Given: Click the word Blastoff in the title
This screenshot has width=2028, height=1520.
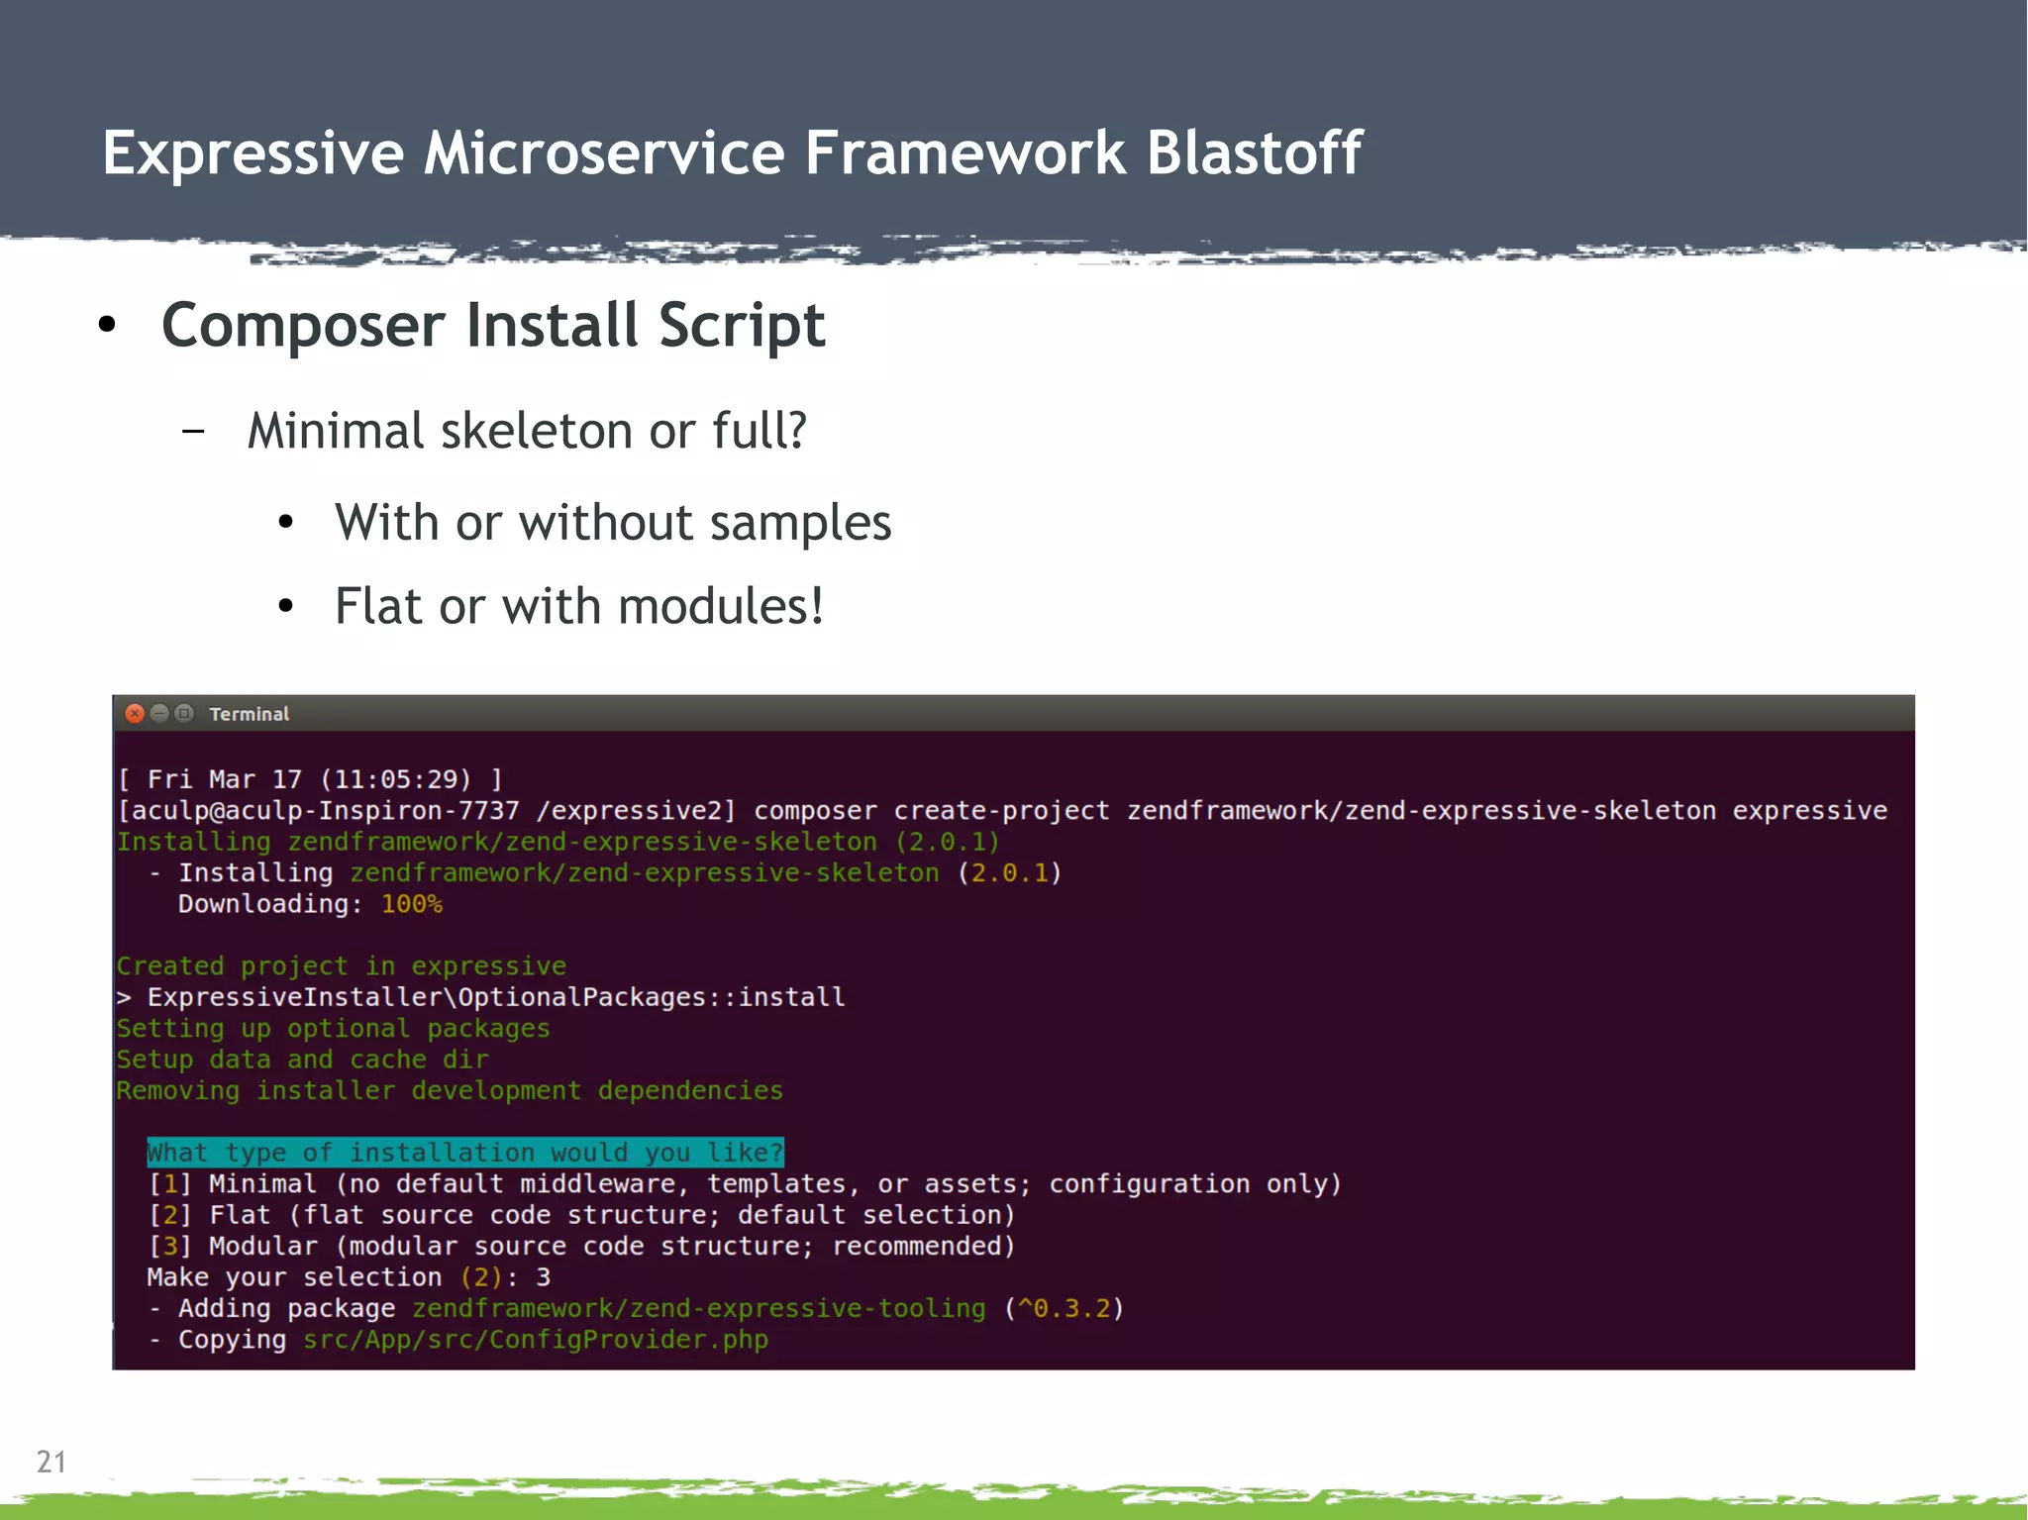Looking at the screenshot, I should click(x=1254, y=153).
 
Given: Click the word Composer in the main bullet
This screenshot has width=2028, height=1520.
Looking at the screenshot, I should click(x=303, y=327).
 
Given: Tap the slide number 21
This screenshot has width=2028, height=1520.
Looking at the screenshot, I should click(x=51, y=1462).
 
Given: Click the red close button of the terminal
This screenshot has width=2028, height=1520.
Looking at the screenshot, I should click(x=136, y=714).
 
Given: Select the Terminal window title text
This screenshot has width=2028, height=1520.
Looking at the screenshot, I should click(x=249, y=714).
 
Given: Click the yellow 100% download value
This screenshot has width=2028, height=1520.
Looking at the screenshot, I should click(x=411, y=904).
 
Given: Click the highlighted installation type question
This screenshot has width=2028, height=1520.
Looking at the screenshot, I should click(x=464, y=1153).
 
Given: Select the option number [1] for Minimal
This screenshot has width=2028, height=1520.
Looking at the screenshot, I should click(x=169, y=1184).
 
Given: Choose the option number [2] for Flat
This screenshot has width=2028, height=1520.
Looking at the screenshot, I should click(x=169, y=1215).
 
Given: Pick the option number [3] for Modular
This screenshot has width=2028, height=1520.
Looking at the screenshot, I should click(x=169, y=1246).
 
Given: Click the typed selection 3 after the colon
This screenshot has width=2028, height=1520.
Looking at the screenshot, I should click(x=543, y=1277).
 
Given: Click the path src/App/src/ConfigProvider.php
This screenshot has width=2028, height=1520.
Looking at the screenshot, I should click(x=535, y=1340).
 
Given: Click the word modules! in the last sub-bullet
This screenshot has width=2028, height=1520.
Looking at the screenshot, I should click(x=721, y=606).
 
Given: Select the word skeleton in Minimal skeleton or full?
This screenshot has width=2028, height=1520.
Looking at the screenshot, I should click(x=536, y=432).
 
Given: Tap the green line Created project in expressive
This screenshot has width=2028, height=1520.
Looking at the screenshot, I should click(x=341, y=965).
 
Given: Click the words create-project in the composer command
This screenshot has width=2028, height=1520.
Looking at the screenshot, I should click(x=1001, y=811).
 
